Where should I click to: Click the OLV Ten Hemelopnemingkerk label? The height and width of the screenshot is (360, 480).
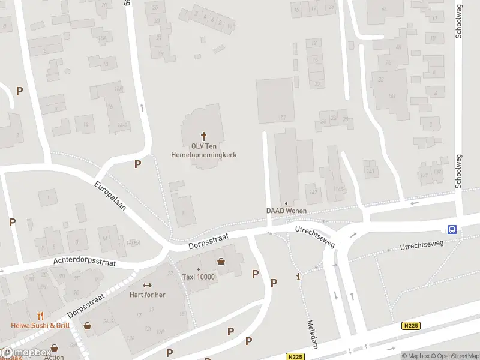coord(205,150)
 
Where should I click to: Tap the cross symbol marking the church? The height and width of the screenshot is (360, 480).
coord(204,136)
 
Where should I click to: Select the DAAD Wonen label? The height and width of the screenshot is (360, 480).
coord(287,211)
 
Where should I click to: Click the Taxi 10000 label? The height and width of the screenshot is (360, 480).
coord(199,277)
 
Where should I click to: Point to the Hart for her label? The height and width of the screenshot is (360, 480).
coord(147,295)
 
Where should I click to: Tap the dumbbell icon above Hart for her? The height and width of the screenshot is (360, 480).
coord(147,285)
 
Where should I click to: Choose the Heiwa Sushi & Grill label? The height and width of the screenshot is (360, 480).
coord(40,325)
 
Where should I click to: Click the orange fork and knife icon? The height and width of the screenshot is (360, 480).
coord(40,316)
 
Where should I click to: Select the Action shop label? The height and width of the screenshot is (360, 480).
coord(54,357)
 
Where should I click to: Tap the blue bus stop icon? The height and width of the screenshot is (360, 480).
coord(452,229)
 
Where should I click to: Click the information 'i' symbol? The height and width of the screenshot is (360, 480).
coord(299,277)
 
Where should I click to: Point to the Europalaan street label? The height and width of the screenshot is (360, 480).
coord(110,196)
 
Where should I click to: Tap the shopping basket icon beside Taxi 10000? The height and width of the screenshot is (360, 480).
coord(222,262)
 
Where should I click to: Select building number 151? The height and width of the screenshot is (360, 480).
coord(281,118)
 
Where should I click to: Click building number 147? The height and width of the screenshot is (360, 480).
coord(313,192)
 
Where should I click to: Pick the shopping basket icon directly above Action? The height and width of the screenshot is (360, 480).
coord(55,347)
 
